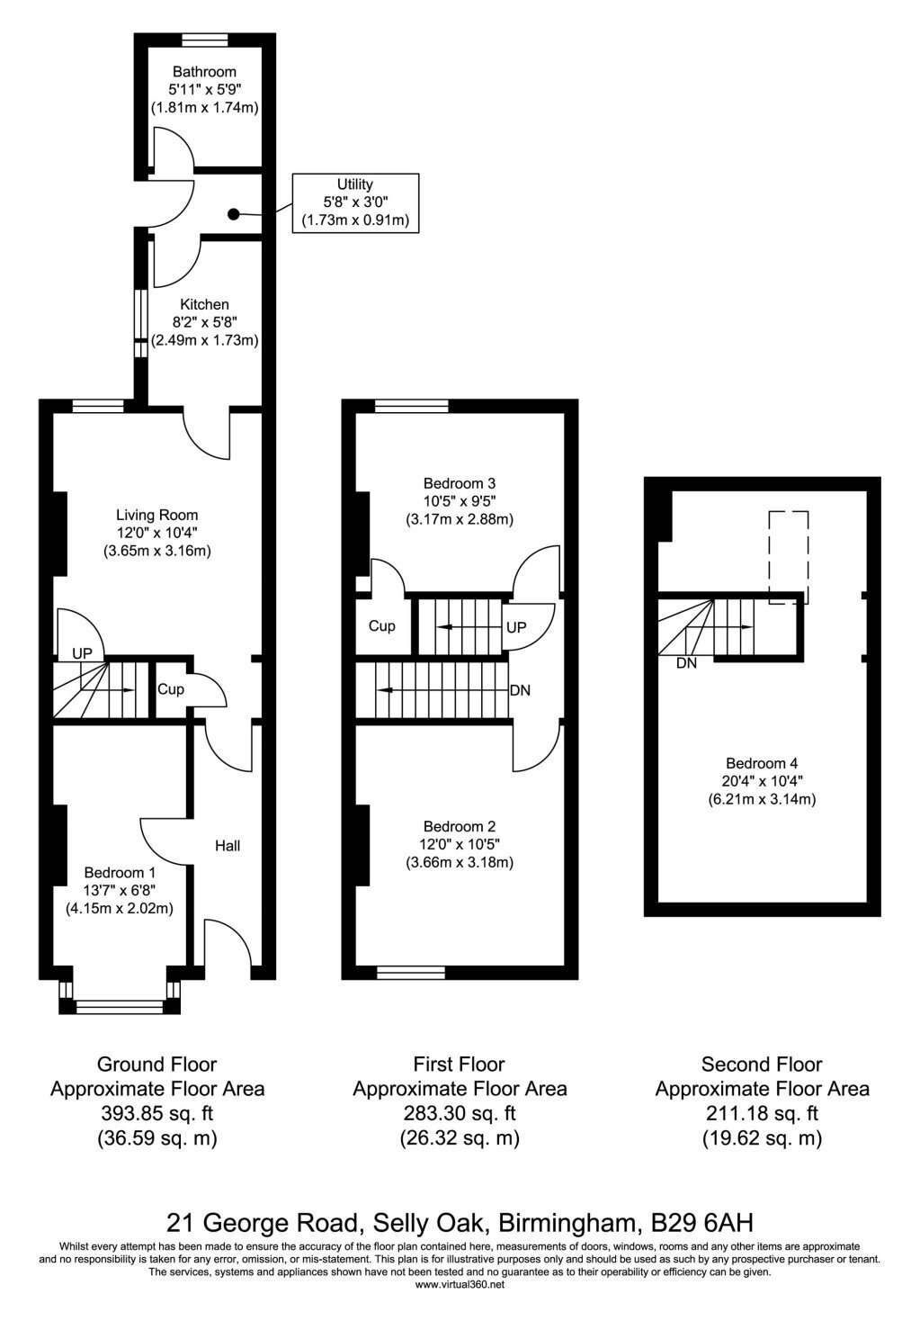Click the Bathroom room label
pos(204,72)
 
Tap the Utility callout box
pos(355,202)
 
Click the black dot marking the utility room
pos(234,215)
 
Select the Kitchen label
pos(204,304)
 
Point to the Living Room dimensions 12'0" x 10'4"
pos(156,533)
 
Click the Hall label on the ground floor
pos(228,846)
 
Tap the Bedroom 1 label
pos(120,872)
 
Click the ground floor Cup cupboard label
pos(170,688)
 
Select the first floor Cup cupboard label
pos(382,625)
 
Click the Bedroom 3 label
pos(460,483)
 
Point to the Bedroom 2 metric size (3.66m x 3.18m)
pos(460,863)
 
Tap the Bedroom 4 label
pos(762,763)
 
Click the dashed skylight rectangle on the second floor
pos(789,557)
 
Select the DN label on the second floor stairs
pos(686,663)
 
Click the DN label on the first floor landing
pos(520,689)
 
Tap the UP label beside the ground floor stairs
pos(82,653)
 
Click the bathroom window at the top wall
pos(204,40)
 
